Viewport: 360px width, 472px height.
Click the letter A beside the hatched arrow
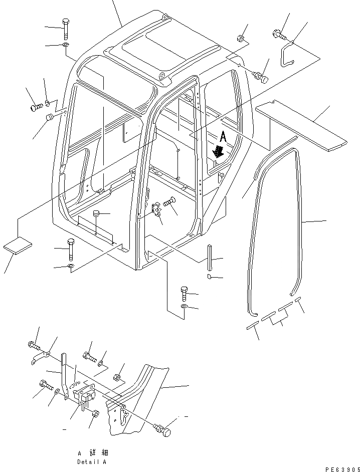[x=224, y=136]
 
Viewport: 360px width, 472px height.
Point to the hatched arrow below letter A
[x=218, y=151]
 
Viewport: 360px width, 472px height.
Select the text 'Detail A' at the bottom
[x=92, y=461]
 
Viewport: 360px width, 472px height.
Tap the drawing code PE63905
[x=342, y=469]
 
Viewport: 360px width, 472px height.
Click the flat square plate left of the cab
[x=18, y=246]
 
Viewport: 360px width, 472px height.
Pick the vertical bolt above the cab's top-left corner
[x=66, y=29]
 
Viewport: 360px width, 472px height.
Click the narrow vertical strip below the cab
[x=209, y=258]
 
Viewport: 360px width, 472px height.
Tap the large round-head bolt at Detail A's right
[x=162, y=430]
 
